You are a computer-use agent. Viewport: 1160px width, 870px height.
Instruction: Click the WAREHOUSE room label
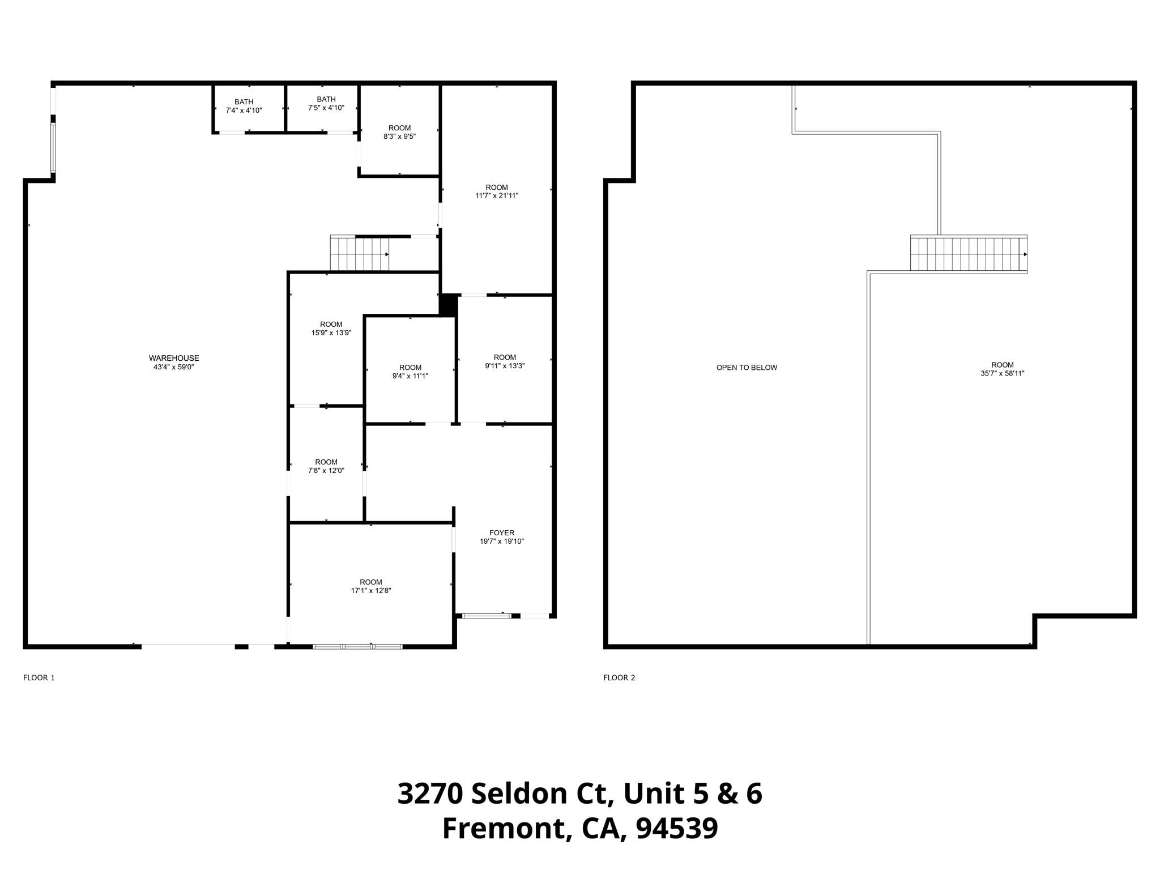coord(174,358)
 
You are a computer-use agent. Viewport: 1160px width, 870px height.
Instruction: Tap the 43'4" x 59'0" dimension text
coord(174,367)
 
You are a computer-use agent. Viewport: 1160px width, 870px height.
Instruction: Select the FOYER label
coord(501,532)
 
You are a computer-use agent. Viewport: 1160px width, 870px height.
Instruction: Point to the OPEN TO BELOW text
coord(747,368)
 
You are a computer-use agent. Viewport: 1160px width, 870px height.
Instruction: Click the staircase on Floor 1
coord(360,254)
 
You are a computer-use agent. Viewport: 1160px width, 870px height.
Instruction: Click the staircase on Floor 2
coord(969,254)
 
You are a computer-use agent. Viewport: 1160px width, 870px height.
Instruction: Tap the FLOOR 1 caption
coord(39,677)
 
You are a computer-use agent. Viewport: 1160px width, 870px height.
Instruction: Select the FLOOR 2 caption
coord(619,677)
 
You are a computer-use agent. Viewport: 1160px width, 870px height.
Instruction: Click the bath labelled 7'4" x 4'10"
coord(244,106)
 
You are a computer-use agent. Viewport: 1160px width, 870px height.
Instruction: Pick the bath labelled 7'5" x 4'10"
coord(326,104)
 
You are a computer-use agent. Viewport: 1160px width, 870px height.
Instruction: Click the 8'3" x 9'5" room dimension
coord(400,137)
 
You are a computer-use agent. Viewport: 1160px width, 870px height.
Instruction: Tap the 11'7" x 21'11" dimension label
coord(497,196)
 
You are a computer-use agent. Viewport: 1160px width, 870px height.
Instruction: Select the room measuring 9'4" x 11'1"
coord(410,372)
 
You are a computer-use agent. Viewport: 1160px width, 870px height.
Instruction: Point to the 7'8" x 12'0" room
coord(326,466)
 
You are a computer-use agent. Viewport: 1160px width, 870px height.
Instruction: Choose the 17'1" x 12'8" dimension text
coord(371,591)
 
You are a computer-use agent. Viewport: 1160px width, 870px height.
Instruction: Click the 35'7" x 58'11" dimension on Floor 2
coord(1003,374)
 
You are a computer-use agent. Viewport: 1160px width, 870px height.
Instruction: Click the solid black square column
coord(448,305)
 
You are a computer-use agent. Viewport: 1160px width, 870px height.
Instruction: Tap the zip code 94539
coord(677,829)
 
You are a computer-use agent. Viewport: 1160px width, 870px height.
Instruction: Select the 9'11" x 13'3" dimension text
coord(505,366)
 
